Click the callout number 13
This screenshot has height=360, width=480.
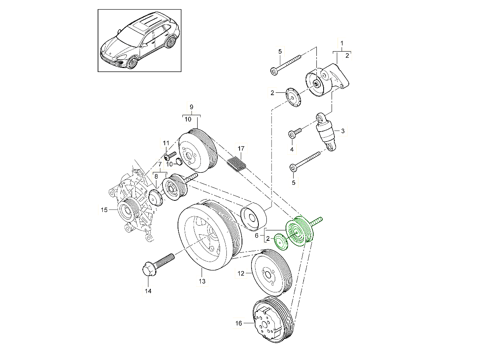202,282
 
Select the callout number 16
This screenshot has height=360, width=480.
239,323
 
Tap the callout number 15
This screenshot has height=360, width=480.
104,210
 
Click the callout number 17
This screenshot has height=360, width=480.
241,149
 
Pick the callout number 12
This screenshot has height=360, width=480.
241,274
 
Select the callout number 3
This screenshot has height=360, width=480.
343,130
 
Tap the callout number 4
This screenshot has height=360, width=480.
292,149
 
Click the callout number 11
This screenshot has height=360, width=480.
166,143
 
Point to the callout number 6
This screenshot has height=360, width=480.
257,236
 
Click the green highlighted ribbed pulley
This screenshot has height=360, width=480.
298,232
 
